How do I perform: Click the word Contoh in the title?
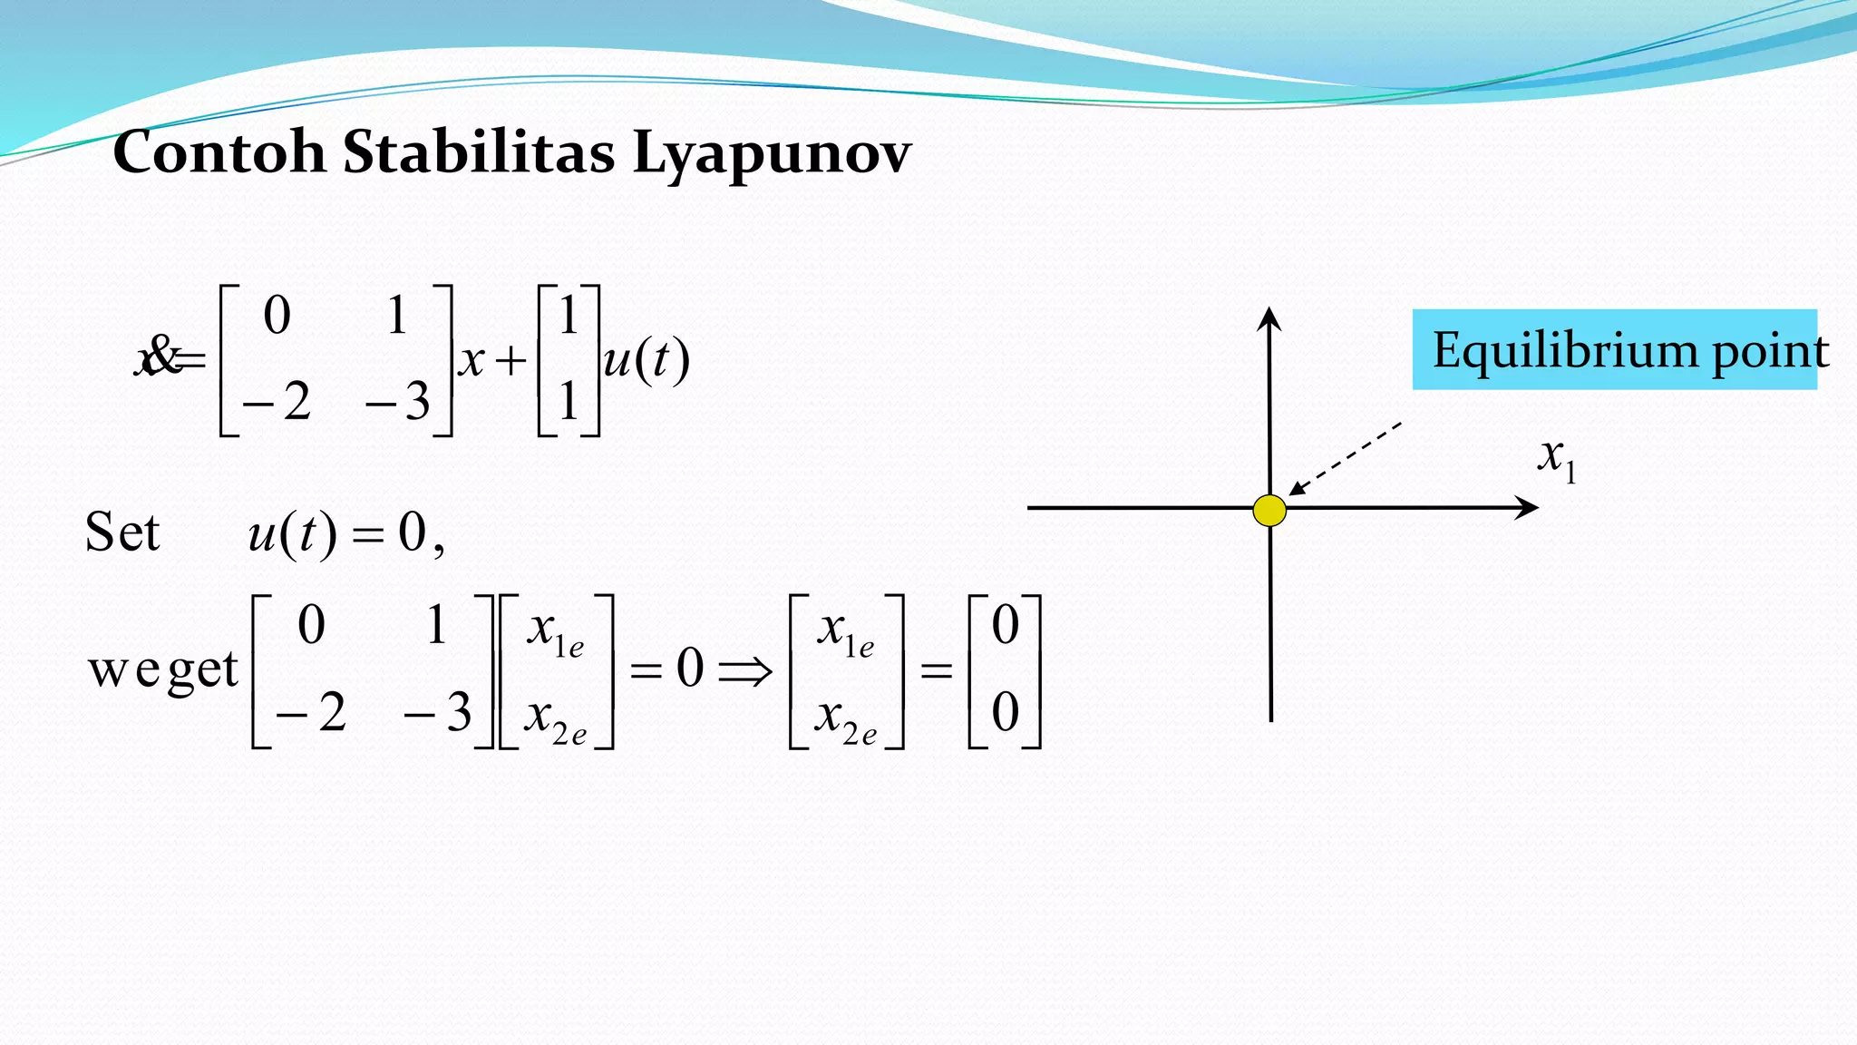tap(219, 151)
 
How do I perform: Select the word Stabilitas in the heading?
tap(479, 151)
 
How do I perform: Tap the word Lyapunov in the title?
tap(771, 154)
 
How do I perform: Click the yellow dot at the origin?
tap(1269, 511)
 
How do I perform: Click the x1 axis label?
tap(1557, 458)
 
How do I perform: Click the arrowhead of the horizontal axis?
tap(1527, 508)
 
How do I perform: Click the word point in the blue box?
tap(1770, 352)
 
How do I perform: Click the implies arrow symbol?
tap(744, 671)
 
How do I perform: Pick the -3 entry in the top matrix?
tap(398, 401)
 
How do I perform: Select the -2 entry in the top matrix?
tap(277, 401)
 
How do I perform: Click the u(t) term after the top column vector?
tap(647, 360)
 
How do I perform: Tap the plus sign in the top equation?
tap(511, 361)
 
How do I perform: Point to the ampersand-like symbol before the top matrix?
tap(162, 355)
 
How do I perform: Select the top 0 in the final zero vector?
tap(1005, 626)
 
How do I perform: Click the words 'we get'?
tap(163, 671)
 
